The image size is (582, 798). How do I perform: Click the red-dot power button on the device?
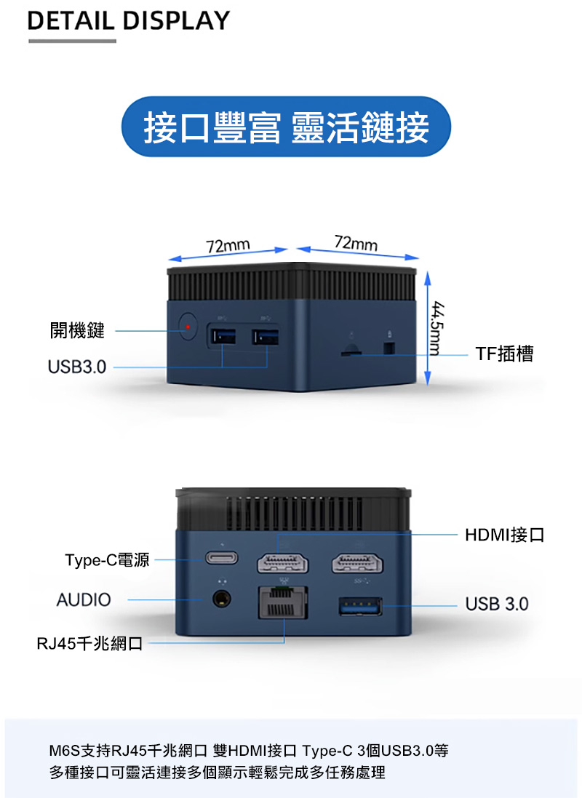(x=188, y=326)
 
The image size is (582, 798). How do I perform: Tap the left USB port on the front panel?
(x=222, y=337)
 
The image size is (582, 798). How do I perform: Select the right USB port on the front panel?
(x=266, y=337)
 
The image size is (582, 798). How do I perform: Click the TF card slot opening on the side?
(x=351, y=351)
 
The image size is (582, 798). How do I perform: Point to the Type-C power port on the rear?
(x=221, y=558)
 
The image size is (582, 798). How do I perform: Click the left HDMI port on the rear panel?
(x=282, y=563)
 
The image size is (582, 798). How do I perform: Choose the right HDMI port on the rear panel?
(x=357, y=563)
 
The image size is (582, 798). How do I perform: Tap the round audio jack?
(x=221, y=599)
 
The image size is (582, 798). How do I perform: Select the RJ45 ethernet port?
(x=283, y=602)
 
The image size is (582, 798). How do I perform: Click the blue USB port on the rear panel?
(x=361, y=606)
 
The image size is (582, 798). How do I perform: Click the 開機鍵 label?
(x=77, y=330)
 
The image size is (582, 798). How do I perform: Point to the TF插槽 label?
(x=504, y=354)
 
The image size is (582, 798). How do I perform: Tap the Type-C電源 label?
(x=107, y=560)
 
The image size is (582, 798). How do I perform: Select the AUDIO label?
(x=84, y=600)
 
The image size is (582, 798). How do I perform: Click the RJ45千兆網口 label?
(x=89, y=643)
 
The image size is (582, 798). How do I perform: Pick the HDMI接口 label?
(x=505, y=535)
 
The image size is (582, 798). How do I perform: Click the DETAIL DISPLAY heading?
(x=128, y=21)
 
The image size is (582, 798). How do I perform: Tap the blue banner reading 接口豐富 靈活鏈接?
(x=286, y=127)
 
